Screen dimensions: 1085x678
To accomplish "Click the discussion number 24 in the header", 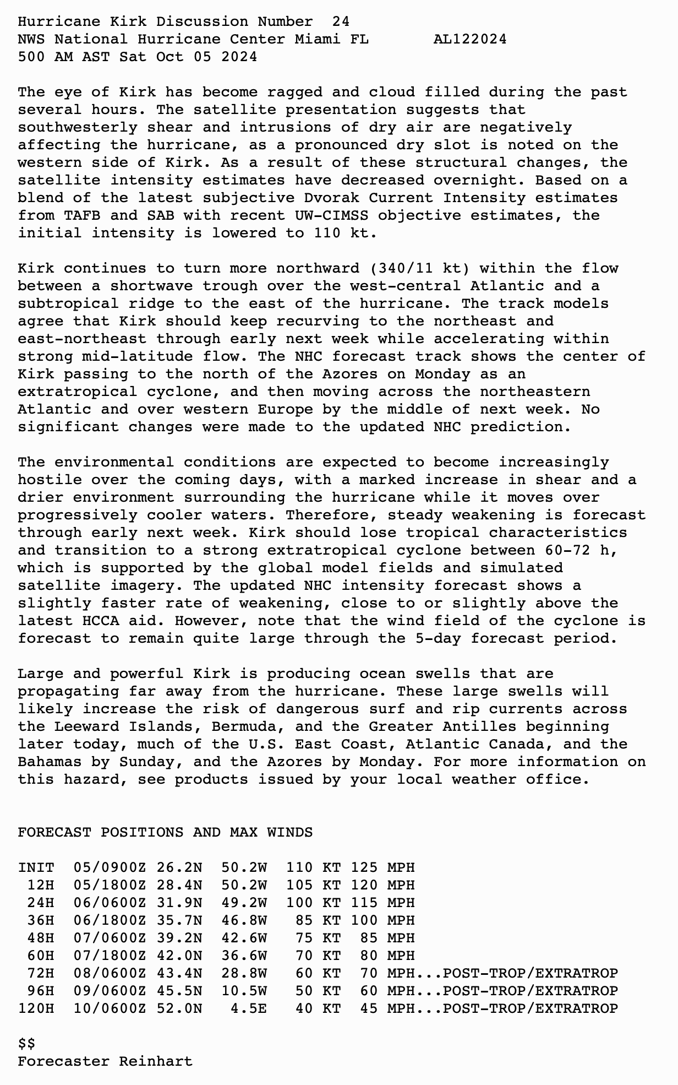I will [x=341, y=21].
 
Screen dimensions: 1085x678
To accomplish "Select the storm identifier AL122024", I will [x=470, y=39].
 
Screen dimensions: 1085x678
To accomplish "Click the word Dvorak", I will [x=336, y=198].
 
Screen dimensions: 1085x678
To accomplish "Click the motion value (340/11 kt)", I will [x=419, y=268].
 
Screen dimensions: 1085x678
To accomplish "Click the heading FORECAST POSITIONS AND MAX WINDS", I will [x=165, y=832].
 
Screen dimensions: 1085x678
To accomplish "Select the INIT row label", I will [x=36, y=867].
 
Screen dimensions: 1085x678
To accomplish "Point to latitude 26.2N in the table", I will [x=179, y=867].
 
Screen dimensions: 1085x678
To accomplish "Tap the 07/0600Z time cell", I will [x=110, y=938].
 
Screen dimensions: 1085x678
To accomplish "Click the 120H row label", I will [x=36, y=1008].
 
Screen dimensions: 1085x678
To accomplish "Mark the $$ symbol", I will [x=26, y=1044].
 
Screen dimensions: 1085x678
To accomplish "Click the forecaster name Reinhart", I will [x=156, y=1061].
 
